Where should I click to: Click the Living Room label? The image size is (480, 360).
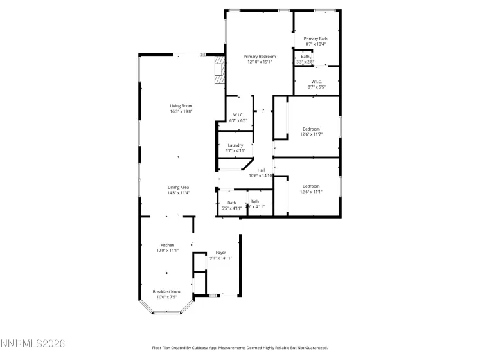[181, 105]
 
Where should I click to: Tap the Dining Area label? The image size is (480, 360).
[179, 187]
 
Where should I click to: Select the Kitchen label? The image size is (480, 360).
[167, 245]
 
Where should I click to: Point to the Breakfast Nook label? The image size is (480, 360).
[166, 291]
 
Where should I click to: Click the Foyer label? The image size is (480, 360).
[220, 252]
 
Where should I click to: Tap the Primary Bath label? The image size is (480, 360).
[316, 39]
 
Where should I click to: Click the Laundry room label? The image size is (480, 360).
[235, 145]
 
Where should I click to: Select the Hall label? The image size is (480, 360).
[261, 170]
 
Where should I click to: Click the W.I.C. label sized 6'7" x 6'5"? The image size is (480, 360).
[238, 115]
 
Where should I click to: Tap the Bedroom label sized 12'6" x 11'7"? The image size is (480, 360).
[311, 129]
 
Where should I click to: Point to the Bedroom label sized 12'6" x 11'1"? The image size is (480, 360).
[311, 186]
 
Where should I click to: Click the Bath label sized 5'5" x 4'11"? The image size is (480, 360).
[231, 203]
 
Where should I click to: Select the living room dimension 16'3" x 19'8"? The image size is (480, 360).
[181, 111]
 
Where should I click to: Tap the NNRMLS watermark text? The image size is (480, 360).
[33, 345]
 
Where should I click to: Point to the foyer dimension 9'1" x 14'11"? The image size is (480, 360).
[220, 258]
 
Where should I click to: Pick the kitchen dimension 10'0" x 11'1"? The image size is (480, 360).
[167, 251]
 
